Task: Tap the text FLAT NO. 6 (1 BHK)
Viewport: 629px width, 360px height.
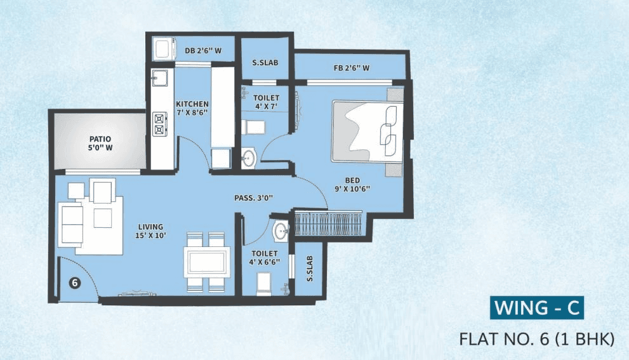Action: [537, 339]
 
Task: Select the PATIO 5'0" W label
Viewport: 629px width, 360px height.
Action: [100, 143]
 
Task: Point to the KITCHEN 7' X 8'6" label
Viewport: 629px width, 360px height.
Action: [192, 109]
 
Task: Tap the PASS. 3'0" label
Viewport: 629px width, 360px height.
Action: [253, 197]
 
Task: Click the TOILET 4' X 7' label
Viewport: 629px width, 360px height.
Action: [267, 102]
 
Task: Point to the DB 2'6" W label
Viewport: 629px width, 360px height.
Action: [201, 50]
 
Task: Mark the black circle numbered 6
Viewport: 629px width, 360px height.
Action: [74, 284]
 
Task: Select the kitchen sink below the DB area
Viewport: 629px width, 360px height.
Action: [160, 79]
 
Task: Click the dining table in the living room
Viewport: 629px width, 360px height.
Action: [206, 261]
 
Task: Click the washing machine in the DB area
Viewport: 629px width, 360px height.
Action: [163, 48]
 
